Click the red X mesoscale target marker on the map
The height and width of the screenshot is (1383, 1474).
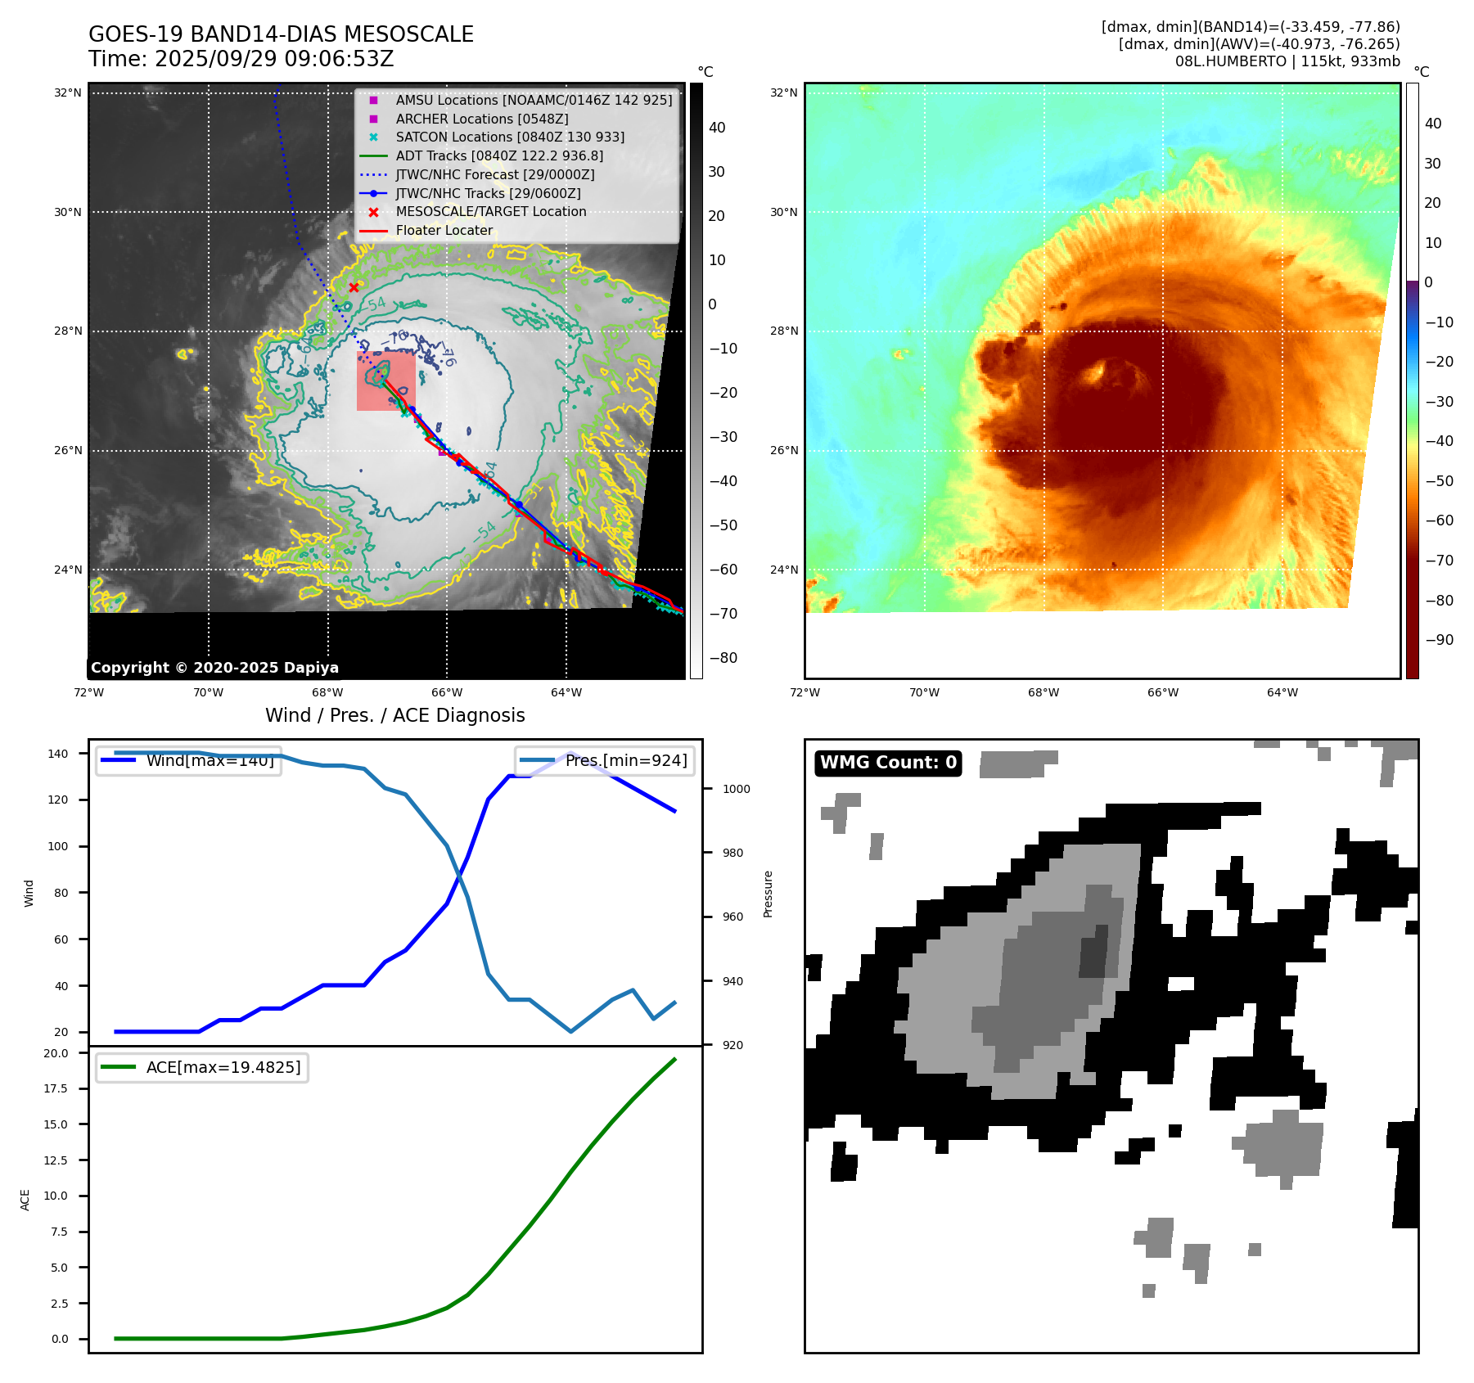[x=354, y=287]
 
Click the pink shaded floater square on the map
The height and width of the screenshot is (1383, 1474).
[x=385, y=381]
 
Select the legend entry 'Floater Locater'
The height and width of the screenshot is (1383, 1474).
[x=444, y=231]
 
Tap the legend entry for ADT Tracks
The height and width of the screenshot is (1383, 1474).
[x=499, y=155]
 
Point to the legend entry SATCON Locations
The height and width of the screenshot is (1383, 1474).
[x=509, y=137]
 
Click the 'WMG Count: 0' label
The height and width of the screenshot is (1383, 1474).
[x=888, y=763]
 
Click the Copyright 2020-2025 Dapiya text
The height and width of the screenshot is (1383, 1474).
[x=214, y=668]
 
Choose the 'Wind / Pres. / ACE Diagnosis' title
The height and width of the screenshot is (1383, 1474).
[x=394, y=715]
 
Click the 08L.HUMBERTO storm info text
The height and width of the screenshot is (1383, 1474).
[x=1287, y=61]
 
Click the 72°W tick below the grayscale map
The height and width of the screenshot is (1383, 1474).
[x=88, y=692]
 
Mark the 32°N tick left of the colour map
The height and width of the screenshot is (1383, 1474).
[x=783, y=92]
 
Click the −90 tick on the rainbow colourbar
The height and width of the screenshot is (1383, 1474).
[x=1439, y=640]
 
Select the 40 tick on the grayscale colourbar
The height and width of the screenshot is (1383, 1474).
[x=717, y=128]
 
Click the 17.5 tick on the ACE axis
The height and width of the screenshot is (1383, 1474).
[x=56, y=1088]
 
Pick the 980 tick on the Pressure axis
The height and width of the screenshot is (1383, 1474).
[x=732, y=853]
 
